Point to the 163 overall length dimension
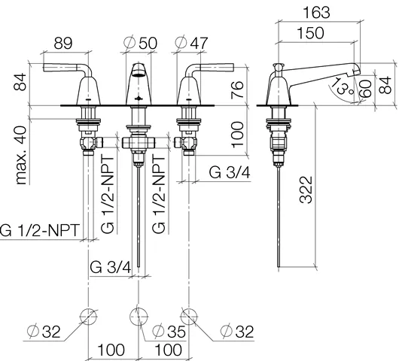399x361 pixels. tap(318, 13)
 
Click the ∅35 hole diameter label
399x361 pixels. tap(166, 330)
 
